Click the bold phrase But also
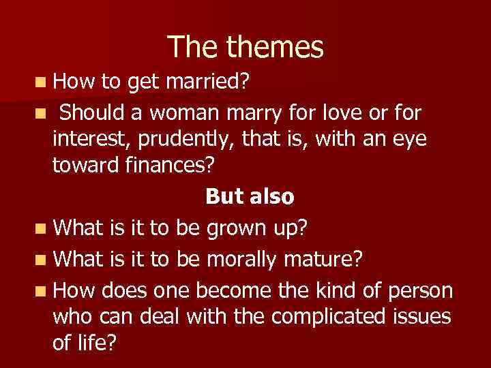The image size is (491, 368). click(x=250, y=197)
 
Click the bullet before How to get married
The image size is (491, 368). click(x=42, y=83)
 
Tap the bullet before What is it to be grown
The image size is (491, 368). click(x=42, y=227)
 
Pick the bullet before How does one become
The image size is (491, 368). click(x=42, y=291)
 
